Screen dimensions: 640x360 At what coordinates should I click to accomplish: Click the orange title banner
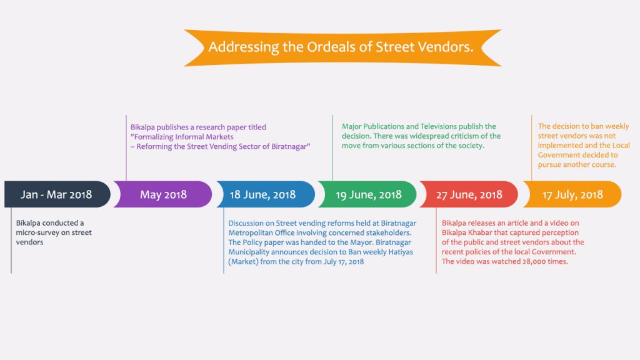[342, 47]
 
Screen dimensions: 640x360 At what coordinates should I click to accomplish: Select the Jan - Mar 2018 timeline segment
[57, 194]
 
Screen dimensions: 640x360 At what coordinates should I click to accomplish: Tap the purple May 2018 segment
[163, 194]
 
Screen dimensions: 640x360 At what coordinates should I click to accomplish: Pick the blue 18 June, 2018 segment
[266, 194]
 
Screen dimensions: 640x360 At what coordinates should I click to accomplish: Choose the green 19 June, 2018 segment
[367, 194]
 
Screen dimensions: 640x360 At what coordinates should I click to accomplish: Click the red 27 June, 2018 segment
[469, 194]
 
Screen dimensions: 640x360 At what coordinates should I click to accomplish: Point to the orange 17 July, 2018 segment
[572, 194]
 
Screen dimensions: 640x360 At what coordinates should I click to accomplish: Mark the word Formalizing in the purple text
[153, 137]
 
